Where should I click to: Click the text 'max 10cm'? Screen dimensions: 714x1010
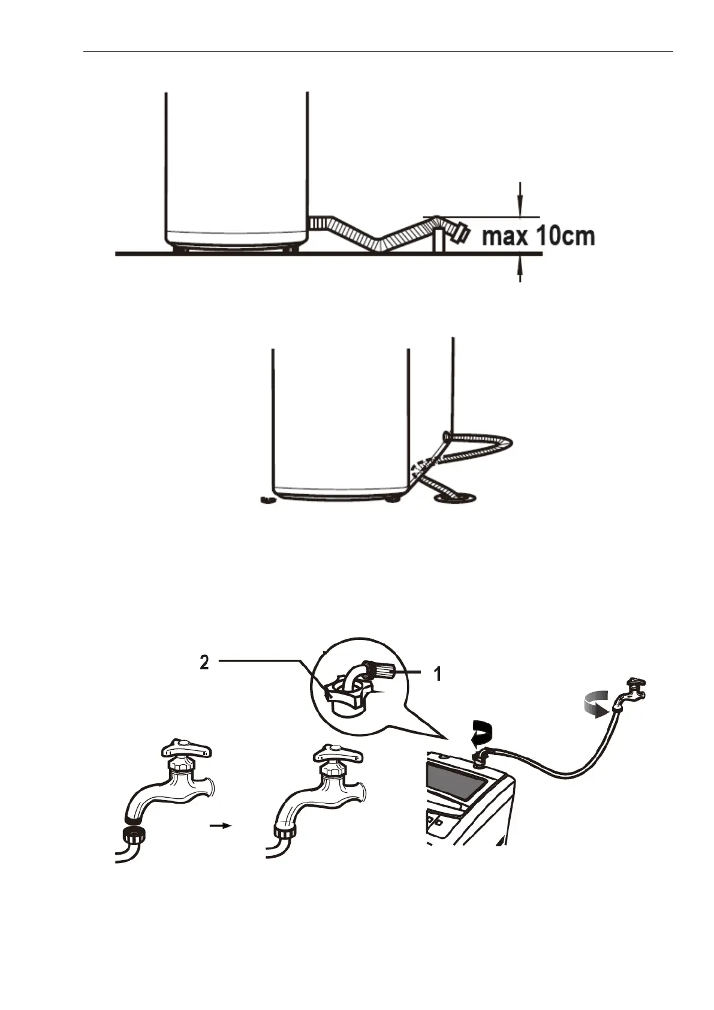(x=538, y=236)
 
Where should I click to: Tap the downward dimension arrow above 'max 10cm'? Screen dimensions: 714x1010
(x=520, y=199)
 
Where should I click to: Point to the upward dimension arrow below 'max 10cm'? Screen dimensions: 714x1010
(x=520, y=269)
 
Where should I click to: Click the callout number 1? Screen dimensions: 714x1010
(x=438, y=674)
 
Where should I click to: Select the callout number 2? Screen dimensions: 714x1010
(x=204, y=663)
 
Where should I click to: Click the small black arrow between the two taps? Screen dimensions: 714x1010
(x=221, y=825)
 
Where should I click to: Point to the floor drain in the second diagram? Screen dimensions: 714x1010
(x=454, y=497)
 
